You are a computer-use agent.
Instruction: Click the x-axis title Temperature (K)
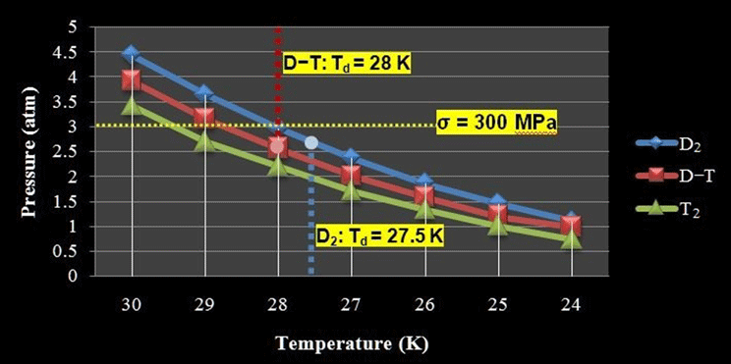(x=352, y=343)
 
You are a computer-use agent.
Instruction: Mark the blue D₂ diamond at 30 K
(x=131, y=53)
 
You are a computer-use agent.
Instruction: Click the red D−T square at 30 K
(x=131, y=79)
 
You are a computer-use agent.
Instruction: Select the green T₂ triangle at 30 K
(x=131, y=105)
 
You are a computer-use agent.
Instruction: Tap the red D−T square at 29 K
(x=204, y=118)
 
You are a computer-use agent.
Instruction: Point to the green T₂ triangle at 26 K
(x=424, y=208)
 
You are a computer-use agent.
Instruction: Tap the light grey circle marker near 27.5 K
(x=311, y=143)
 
